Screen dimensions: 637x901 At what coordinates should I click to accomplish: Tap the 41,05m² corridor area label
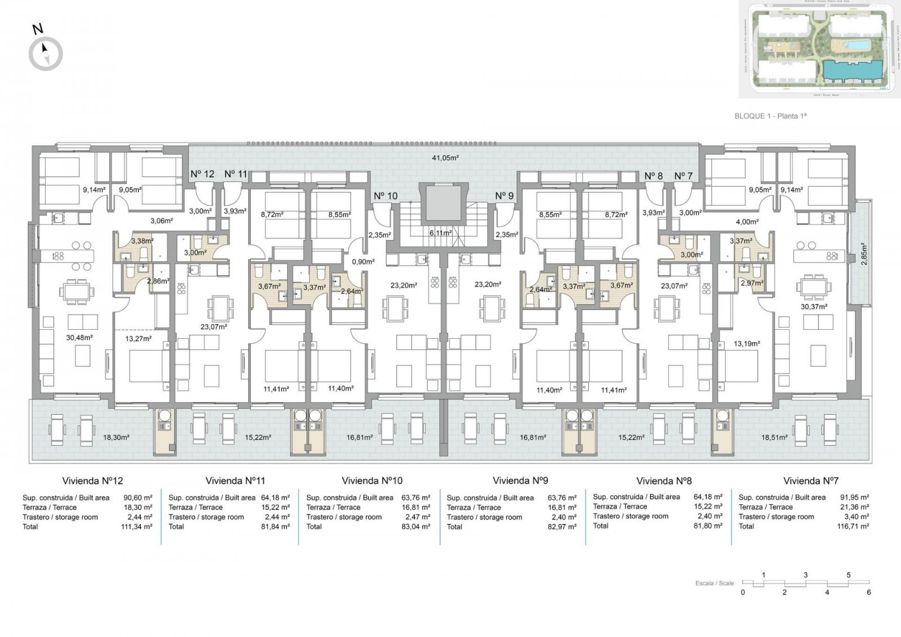tap(445, 158)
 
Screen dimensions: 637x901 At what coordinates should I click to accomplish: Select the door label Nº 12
tap(202, 174)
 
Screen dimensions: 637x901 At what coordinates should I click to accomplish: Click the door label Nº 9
tap(504, 196)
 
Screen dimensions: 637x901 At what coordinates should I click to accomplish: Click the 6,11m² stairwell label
tap(440, 233)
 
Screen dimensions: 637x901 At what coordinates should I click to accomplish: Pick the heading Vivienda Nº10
tap(372, 481)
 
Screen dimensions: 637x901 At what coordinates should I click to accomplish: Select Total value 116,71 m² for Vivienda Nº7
tap(853, 526)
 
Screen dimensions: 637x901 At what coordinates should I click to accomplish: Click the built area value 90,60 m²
tap(138, 497)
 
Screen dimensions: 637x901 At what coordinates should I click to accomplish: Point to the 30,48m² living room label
tap(79, 338)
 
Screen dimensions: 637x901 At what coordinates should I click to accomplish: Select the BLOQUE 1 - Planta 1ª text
tap(770, 116)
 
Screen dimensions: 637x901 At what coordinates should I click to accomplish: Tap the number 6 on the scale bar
tap(868, 593)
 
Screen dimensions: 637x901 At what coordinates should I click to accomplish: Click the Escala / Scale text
tap(714, 583)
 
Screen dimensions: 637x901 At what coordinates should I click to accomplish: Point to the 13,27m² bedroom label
tap(138, 338)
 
